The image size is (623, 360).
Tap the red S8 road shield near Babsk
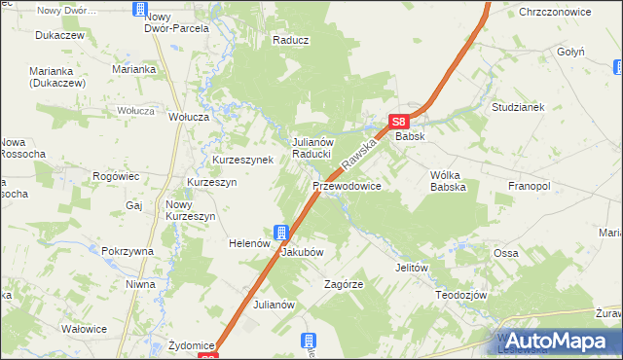coord(398,122)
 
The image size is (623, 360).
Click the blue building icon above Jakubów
coord(281,233)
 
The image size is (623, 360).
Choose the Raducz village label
coord(291,41)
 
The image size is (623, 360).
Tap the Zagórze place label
coord(344,285)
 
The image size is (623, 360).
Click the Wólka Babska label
coord(449,180)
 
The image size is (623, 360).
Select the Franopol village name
coord(530,185)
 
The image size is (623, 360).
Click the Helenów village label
coord(248,243)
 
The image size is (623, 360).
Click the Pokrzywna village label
coord(128,251)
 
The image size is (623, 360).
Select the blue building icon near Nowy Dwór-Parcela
coord(139,10)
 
